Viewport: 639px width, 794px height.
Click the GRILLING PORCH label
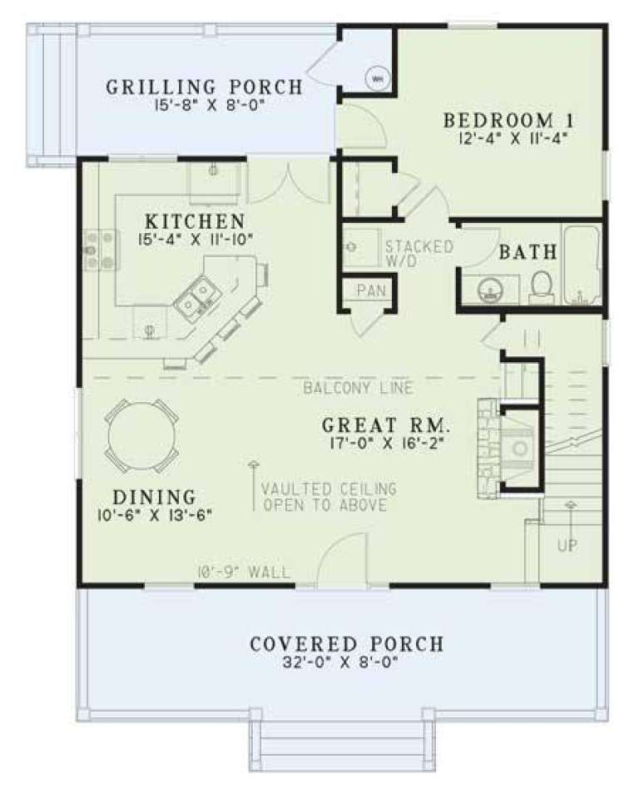(x=204, y=87)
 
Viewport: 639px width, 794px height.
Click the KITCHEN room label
(x=195, y=222)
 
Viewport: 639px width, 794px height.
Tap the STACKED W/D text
(x=419, y=254)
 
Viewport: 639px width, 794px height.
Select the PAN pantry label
(x=367, y=290)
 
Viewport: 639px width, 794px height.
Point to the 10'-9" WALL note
(x=244, y=572)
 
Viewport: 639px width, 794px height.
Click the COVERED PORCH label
(x=346, y=644)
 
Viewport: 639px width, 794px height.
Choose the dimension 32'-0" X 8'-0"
(x=346, y=664)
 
